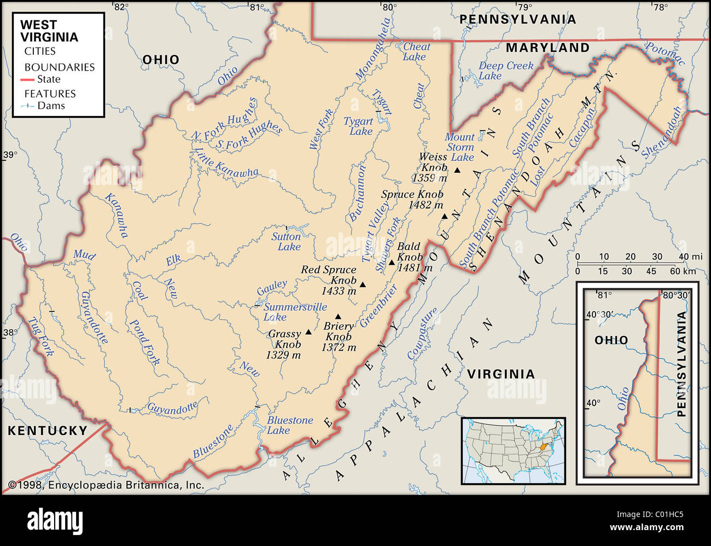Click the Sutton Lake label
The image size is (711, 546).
pyautogui.click(x=287, y=242)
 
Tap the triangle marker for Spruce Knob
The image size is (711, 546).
pyautogui.click(x=445, y=216)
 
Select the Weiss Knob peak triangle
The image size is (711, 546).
pyautogui.click(x=457, y=171)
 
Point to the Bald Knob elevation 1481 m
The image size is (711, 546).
pyautogui.click(x=415, y=268)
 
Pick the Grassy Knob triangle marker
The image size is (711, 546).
pyautogui.click(x=308, y=332)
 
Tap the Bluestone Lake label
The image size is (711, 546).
pyautogui.click(x=289, y=425)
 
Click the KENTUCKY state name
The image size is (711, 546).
pyautogui.click(x=48, y=431)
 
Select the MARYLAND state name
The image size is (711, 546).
pyautogui.click(x=547, y=48)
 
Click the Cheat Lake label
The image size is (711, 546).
pyautogui.click(x=416, y=52)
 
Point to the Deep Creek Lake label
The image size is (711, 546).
pyautogui.click(x=505, y=71)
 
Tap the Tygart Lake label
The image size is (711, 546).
pyautogui.click(x=359, y=126)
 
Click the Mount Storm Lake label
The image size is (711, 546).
pyautogui.click(x=459, y=147)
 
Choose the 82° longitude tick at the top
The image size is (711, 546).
pyautogui.click(x=120, y=7)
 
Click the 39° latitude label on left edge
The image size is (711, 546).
pyautogui.click(x=10, y=155)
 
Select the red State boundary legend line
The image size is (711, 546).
pyautogui.click(x=27, y=80)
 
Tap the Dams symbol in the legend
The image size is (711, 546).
pyautogui.click(x=27, y=106)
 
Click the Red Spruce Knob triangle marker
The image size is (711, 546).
pyautogui.click(x=363, y=284)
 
